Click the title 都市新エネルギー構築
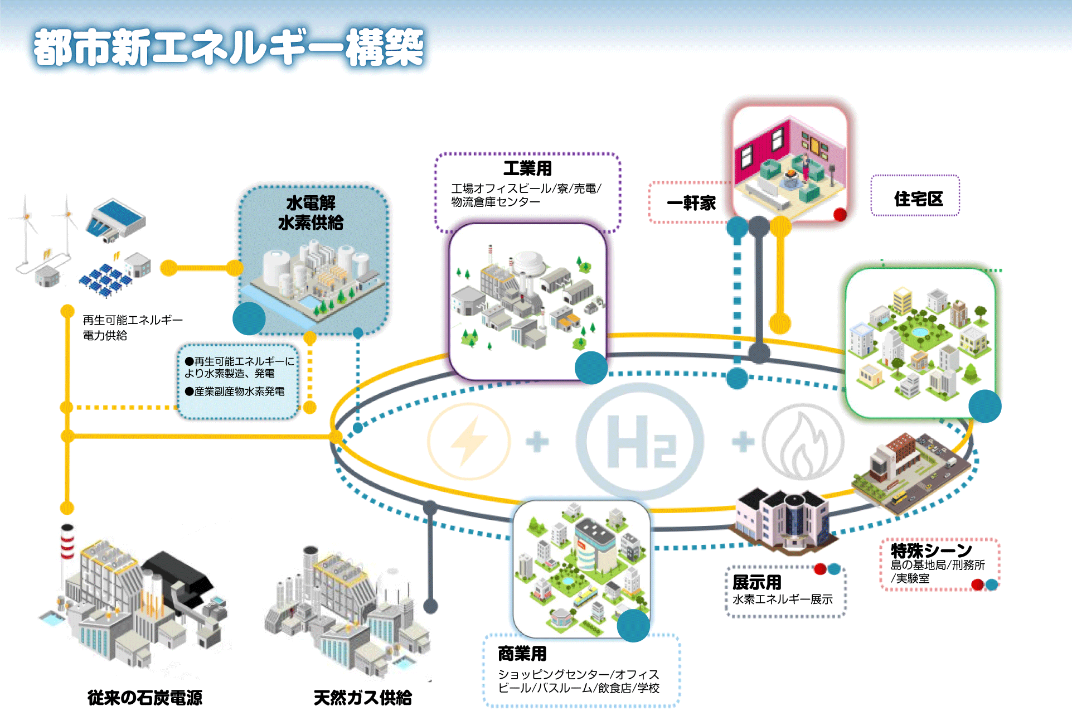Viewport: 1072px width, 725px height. (229, 48)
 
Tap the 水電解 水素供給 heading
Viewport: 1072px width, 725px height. (311, 213)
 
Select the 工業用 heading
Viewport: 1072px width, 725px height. (527, 168)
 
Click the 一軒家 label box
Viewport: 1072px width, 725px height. (691, 203)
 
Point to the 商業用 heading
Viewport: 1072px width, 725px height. (522, 654)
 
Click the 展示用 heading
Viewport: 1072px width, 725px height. (756, 582)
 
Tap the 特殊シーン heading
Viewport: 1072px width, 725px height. (931, 550)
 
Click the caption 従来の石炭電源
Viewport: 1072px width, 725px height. (145, 698)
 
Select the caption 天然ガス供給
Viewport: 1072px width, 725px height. (362, 698)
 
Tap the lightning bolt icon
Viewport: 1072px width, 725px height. (468, 442)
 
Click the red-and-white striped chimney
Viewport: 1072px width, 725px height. (67, 541)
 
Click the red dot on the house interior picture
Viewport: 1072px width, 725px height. (840, 214)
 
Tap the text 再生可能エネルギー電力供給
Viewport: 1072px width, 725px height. (132, 327)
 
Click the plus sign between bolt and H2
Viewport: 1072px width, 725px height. (537, 442)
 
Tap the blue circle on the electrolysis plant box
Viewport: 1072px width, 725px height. (249, 318)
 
